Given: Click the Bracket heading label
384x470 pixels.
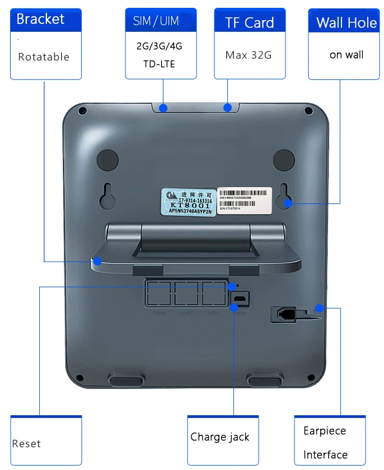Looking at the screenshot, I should point(40,19).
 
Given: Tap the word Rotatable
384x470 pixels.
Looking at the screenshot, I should point(44,56).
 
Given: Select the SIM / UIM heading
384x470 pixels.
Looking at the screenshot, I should point(156,21).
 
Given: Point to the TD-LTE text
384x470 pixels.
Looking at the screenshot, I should point(159,64).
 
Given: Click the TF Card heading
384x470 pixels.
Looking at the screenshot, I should point(250,23).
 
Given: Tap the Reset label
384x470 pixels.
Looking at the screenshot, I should point(26,444).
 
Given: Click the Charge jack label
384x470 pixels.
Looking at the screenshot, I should point(220,437).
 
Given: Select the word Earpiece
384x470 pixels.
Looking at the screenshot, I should point(325,431).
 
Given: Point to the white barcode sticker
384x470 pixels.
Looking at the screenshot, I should point(244,198).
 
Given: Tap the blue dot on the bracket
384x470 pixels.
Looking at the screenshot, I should point(97,261).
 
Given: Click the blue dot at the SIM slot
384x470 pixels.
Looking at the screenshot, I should point(163,107).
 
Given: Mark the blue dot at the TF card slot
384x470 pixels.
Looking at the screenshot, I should point(228,107).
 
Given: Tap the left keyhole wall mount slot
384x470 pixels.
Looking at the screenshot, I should point(108,194).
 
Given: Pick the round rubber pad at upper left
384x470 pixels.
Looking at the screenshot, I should point(107,160).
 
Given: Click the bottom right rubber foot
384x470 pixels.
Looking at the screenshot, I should point(265,382).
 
